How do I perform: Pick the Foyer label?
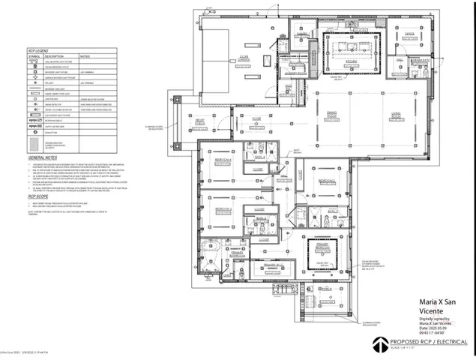coord(256,117)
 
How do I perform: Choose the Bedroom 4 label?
coord(223,159)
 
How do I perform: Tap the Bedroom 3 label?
coord(223,208)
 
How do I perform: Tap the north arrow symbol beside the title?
coord(381,343)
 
